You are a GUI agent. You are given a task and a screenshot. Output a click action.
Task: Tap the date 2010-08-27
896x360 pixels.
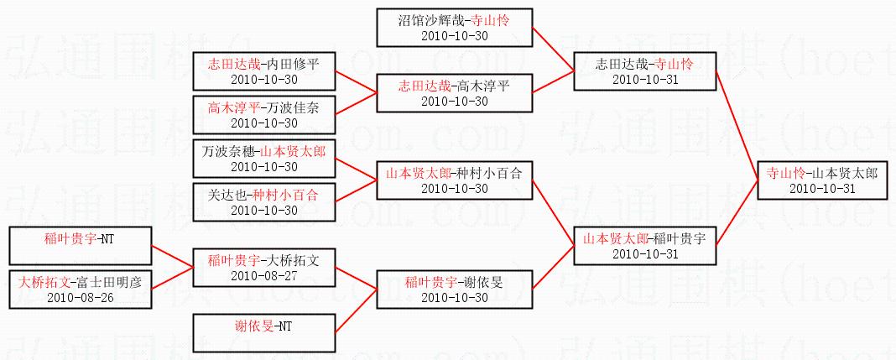tap(264, 274)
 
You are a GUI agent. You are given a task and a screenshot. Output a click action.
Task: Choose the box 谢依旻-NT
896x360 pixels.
tap(264, 332)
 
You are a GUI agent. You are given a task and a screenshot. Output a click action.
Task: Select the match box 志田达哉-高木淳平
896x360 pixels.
tap(454, 93)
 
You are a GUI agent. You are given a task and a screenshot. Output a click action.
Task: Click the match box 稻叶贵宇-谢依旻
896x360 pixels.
tap(454, 289)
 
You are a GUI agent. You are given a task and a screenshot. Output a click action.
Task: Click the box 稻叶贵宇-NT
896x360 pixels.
tap(80, 245)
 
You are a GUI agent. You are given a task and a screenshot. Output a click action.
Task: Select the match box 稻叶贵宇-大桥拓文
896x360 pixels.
tap(264, 267)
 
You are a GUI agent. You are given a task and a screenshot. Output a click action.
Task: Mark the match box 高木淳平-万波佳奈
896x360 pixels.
tap(264, 115)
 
